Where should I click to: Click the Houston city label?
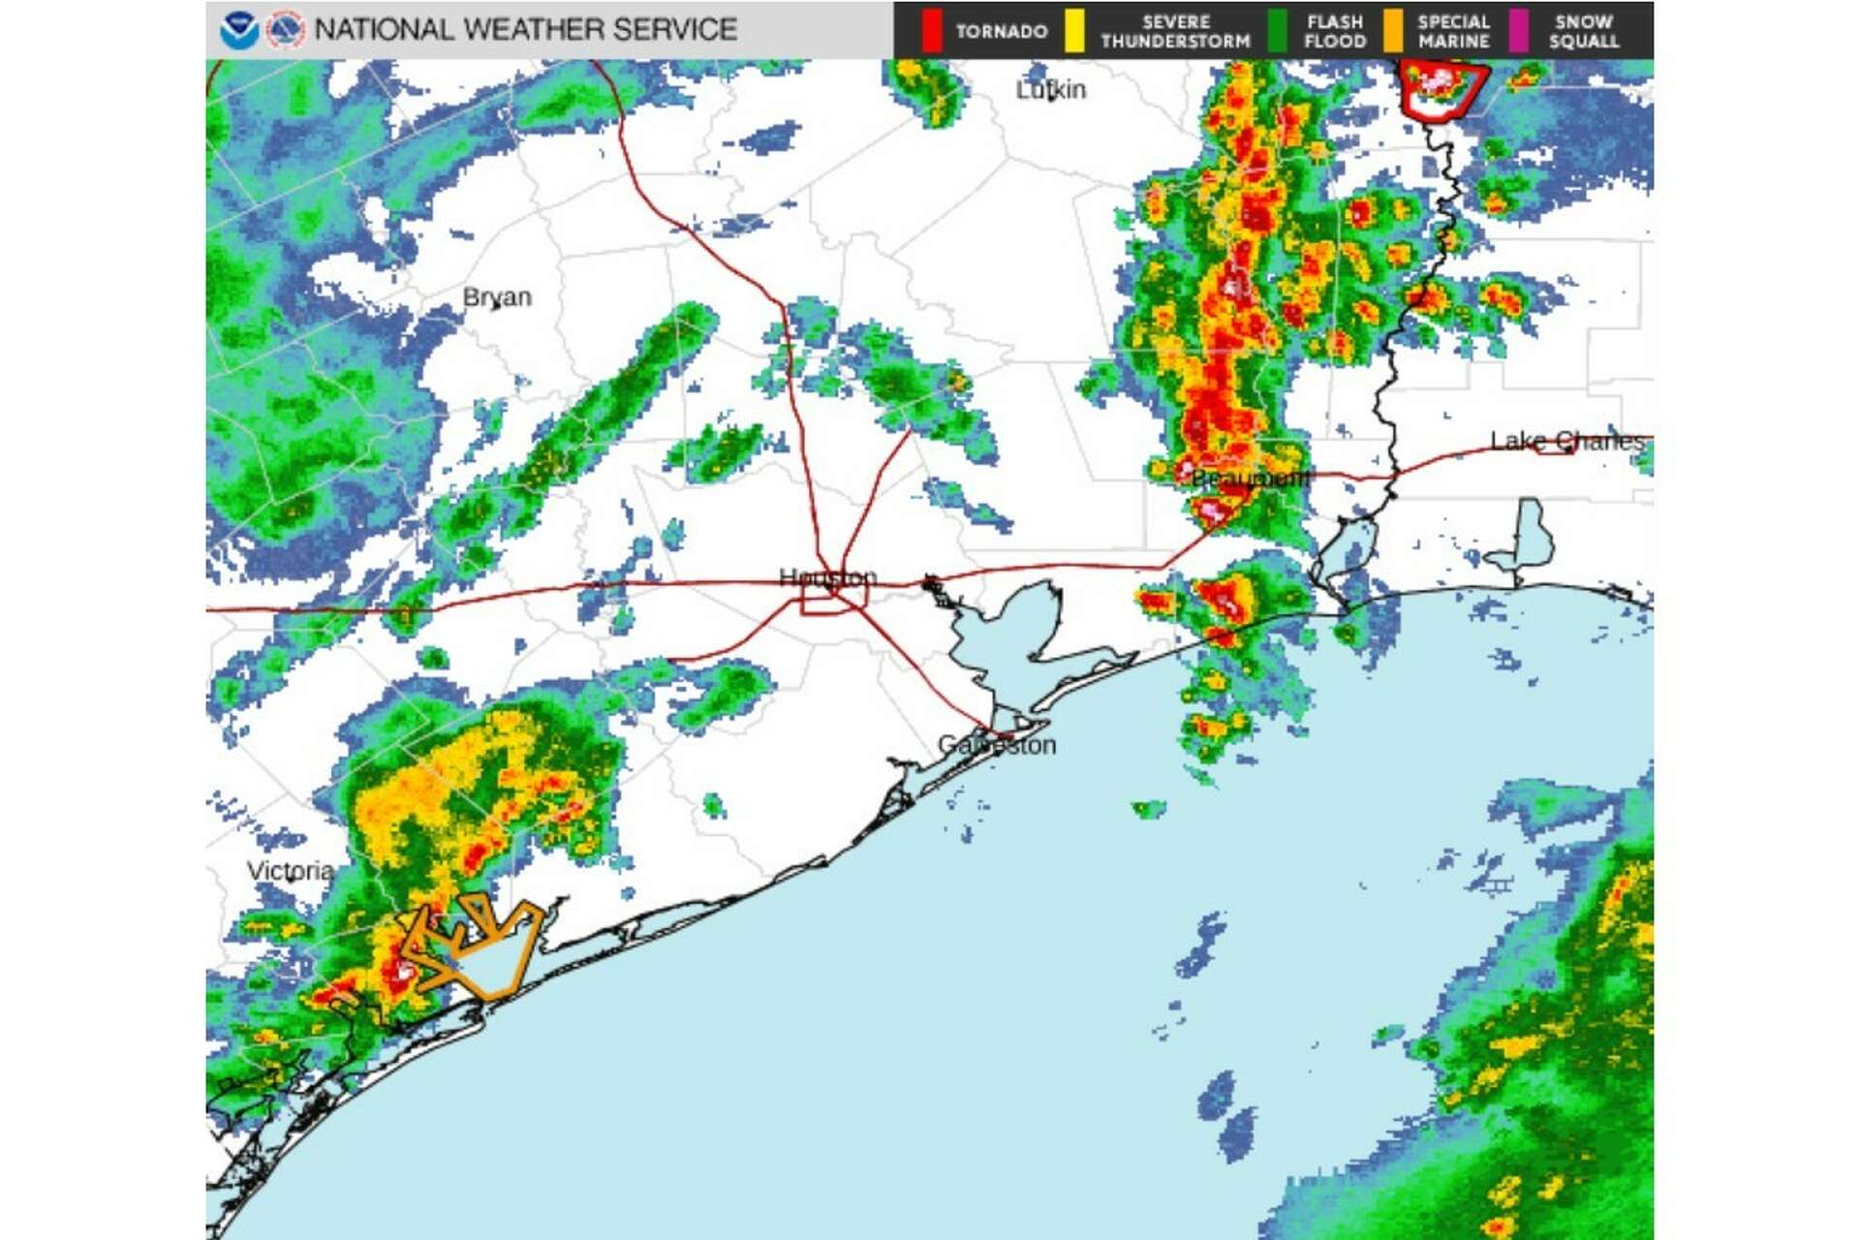[827, 577]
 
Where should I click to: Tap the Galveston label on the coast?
[997, 745]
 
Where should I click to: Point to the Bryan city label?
[497, 296]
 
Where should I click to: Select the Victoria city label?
[290, 871]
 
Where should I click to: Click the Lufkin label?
[1050, 90]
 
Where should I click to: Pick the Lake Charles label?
[1566, 442]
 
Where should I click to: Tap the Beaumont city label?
[1250, 479]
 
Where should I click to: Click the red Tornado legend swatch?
[932, 31]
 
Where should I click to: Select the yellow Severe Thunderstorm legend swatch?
[1074, 31]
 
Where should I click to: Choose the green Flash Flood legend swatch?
[1279, 31]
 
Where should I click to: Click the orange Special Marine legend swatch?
[1393, 31]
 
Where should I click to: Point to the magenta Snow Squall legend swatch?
[1520, 31]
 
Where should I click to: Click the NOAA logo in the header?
[238, 30]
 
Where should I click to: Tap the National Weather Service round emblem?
[285, 30]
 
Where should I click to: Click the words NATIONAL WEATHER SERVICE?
[525, 30]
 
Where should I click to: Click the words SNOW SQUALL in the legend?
[1584, 31]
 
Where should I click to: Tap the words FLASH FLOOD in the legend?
[1334, 31]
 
